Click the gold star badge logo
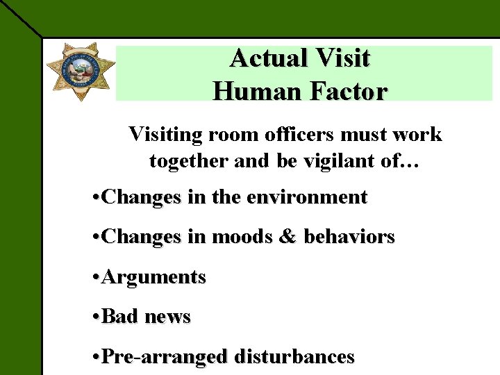(x=80, y=71)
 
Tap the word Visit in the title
(x=344, y=58)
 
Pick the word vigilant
(x=335, y=161)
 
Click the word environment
(x=302, y=197)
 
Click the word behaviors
(x=349, y=237)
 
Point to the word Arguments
(x=153, y=277)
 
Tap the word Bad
(x=119, y=317)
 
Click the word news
(x=167, y=317)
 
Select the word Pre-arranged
(x=164, y=357)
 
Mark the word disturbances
(x=294, y=357)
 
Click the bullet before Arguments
(x=96, y=278)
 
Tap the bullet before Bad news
(x=96, y=317)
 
